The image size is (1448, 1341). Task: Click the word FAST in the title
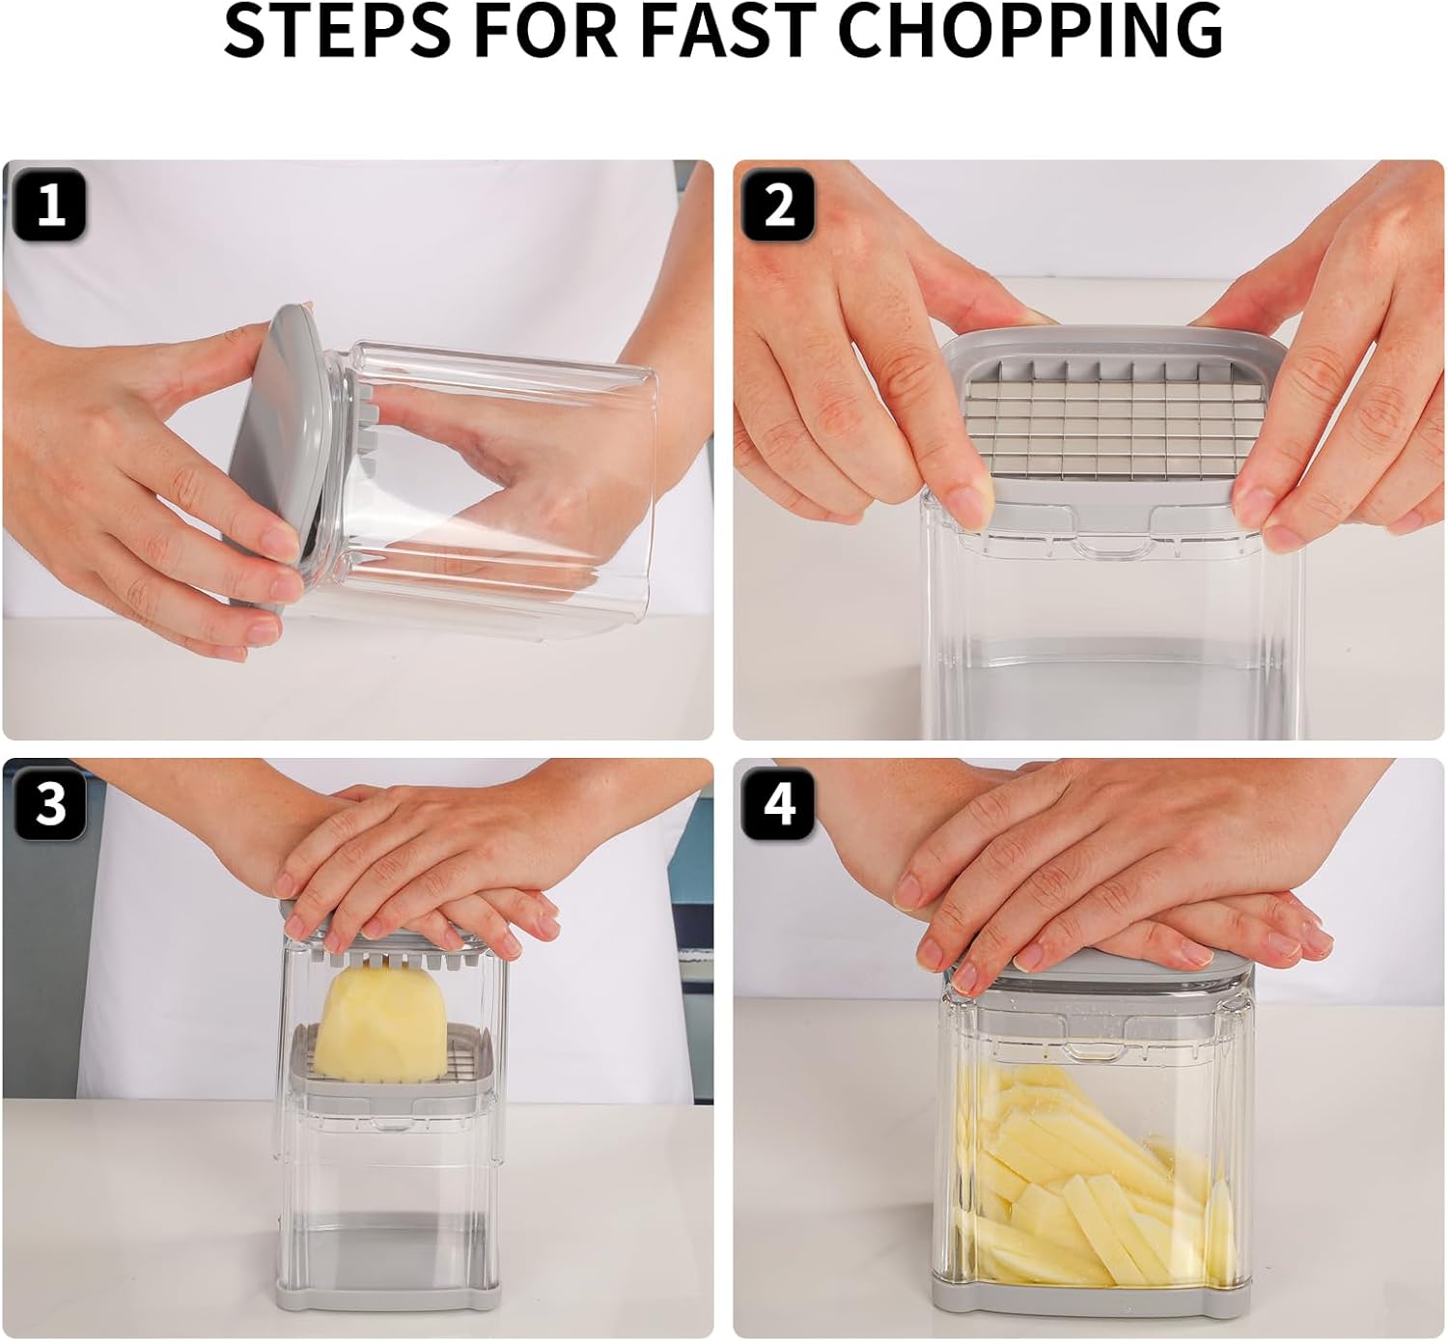[734, 31]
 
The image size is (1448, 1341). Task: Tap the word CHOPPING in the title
[1031, 31]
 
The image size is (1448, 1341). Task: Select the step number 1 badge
[49, 206]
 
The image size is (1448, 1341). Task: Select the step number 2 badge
[778, 206]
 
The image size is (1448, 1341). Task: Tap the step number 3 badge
[49, 803]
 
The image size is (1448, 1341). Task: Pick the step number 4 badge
[778, 803]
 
